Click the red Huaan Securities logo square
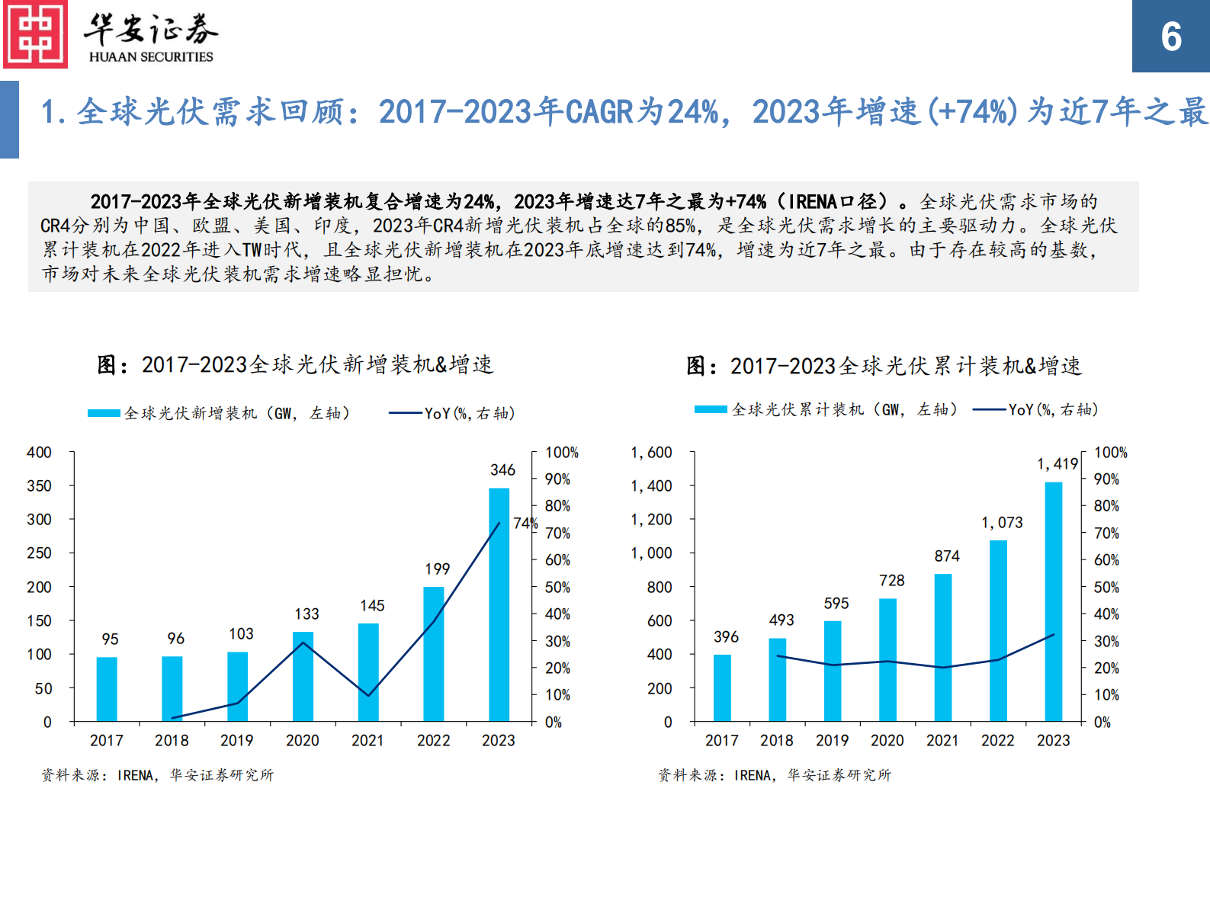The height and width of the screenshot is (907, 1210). (x=35, y=34)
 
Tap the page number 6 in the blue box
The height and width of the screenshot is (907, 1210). (x=1170, y=37)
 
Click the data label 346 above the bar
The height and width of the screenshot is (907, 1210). (x=502, y=470)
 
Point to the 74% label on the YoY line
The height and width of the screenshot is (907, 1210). (x=525, y=524)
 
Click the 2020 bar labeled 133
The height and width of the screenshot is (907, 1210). (x=303, y=676)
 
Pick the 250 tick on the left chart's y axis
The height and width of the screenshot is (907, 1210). (x=39, y=553)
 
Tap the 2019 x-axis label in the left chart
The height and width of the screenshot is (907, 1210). (x=236, y=741)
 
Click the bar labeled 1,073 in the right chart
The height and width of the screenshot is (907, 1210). (x=998, y=630)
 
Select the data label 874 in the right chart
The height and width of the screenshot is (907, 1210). (x=946, y=556)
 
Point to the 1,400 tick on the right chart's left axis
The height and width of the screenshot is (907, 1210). (x=650, y=486)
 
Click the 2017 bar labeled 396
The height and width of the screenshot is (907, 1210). (x=722, y=687)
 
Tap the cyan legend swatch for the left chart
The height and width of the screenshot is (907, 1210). (x=104, y=413)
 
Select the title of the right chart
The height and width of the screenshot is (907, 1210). (x=884, y=367)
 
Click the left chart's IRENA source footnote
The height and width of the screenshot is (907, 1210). (x=157, y=775)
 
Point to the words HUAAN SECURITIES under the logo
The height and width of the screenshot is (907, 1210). (x=151, y=57)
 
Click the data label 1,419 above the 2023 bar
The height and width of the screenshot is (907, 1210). (x=1057, y=464)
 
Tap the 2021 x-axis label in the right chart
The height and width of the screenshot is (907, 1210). (x=942, y=741)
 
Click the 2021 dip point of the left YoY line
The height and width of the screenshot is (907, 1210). (x=368, y=695)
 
